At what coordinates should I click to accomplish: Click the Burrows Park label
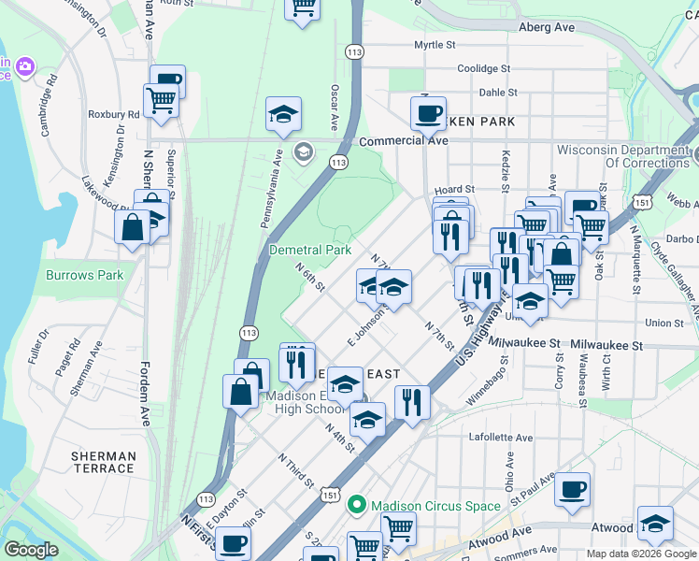click(x=84, y=276)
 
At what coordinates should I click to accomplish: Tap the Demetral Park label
click(x=309, y=250)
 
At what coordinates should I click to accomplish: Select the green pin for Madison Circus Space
click(x=356, y=506)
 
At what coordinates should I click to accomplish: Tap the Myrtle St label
click(x=435, y=45)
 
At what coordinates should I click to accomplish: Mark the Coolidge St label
click(x=483, y=69)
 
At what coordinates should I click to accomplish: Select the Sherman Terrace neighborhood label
click(x=103, y=462)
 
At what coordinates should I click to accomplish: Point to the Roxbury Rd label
click(x=113, y=115)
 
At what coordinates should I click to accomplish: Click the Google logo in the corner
click(x=31, y=550)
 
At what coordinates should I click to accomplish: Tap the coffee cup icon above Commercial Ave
click(x=429, y=113)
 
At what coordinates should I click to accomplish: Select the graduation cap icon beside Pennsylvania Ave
click(x=283, y=114)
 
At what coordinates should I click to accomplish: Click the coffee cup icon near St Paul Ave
click(x=573, y=488)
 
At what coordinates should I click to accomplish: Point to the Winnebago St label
click(x=485, y=383)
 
